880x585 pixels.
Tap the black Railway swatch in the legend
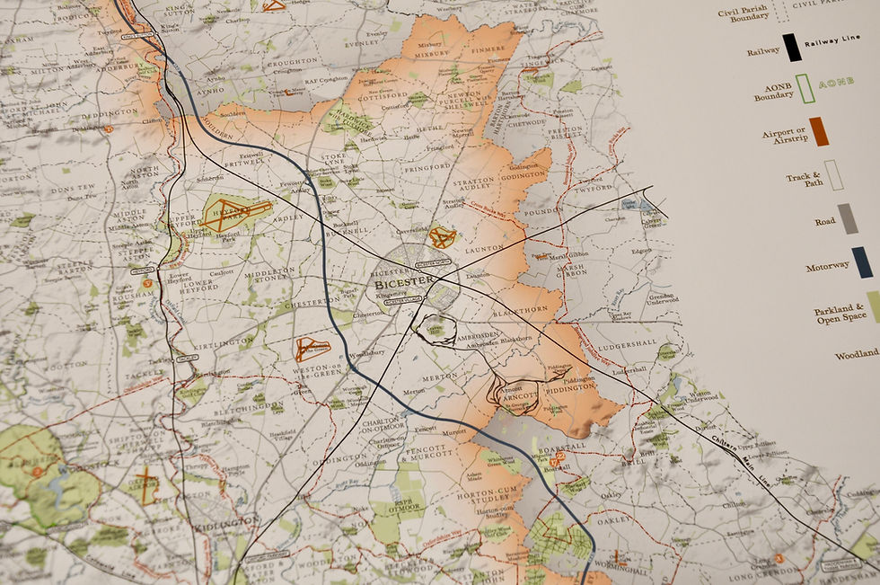(791, 47)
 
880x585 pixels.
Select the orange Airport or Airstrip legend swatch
(817, 131)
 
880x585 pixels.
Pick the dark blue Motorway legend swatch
(862, 261)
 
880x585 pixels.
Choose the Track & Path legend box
(833, 175)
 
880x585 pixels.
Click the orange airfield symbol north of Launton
(441, 237)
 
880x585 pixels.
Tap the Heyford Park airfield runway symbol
(235, 214)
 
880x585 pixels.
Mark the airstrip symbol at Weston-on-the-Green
(312, 348)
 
